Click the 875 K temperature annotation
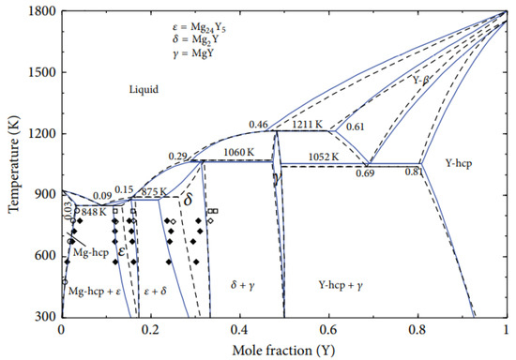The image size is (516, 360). coord(154,191)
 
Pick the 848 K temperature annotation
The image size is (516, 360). coord(93,211)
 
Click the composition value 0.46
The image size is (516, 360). coord(259,125)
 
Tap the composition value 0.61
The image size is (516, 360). coord(356,127)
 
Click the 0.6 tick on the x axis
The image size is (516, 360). coord(328,329)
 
